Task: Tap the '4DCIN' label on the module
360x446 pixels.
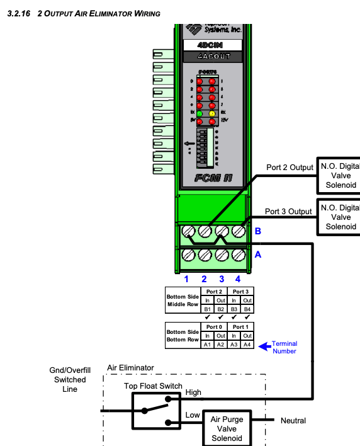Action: click(213, 45)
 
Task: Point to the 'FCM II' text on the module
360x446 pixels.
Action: click(213, 178)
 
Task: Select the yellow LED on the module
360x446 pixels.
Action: click(213, 113)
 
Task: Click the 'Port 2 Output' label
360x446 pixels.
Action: click(289, 168)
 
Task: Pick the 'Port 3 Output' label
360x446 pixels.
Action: click(288, 211)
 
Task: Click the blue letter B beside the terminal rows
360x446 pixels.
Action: click(257, 231)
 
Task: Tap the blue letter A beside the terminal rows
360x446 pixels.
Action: click(257, 255)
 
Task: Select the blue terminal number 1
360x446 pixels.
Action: click(186, 278)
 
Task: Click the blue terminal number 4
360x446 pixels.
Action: click(238, 278)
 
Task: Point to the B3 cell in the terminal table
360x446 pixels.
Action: click(225, 309)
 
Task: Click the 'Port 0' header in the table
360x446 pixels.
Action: click(213, 327)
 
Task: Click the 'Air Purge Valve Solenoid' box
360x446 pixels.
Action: click(226, 429)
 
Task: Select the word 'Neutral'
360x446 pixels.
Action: click(293, 421)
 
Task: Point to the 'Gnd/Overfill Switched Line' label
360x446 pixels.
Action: click(70, 380)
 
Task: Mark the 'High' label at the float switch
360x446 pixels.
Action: click(194, 392)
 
